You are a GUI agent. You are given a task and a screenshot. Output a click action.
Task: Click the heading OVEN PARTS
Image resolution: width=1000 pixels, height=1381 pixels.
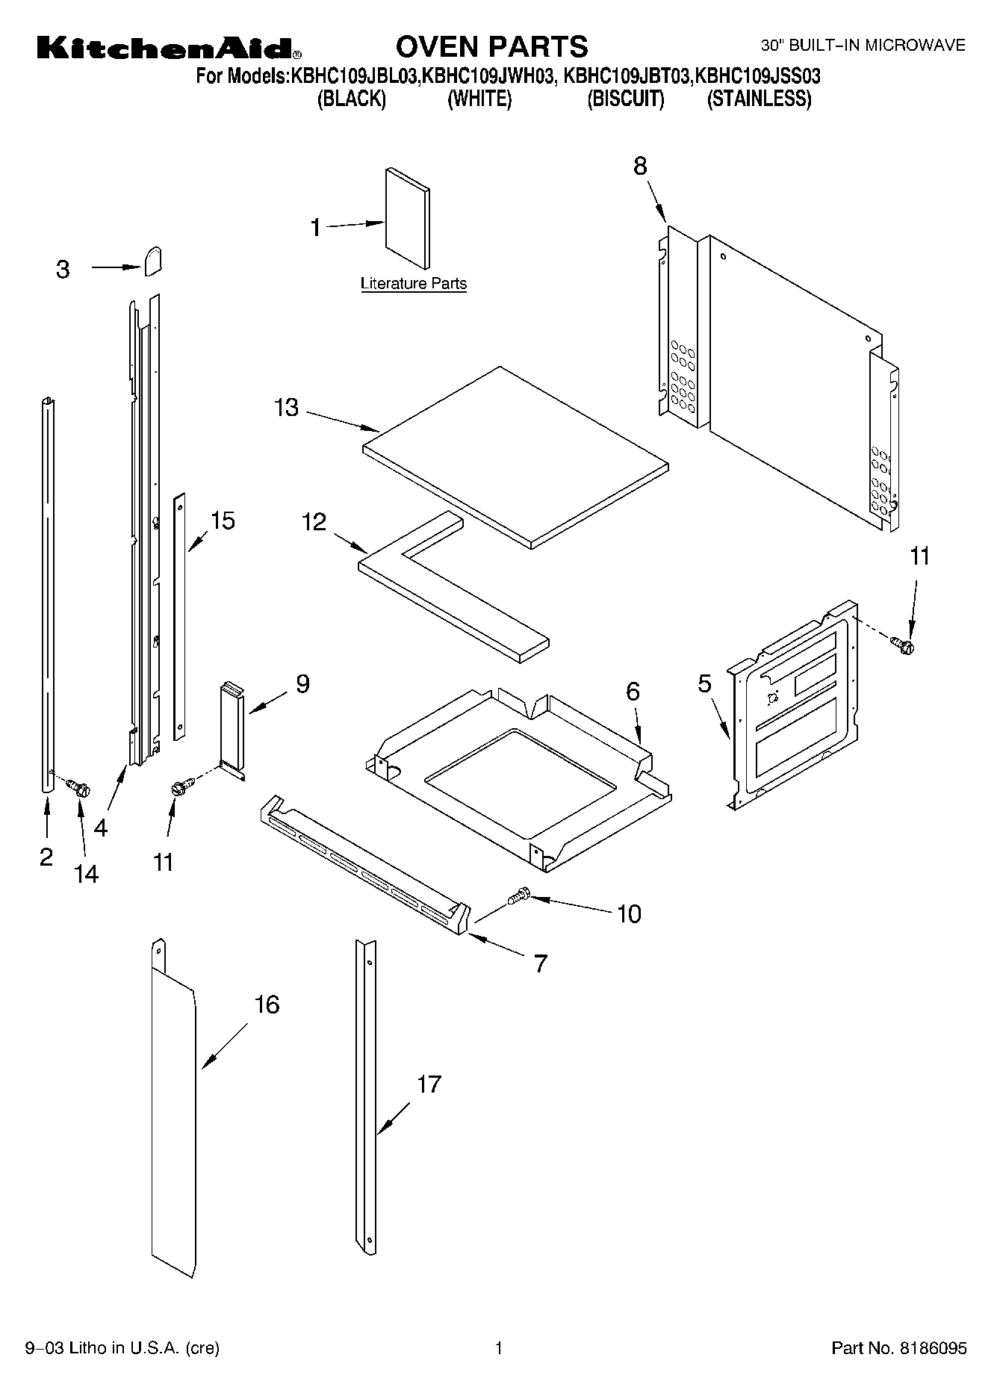pos(491,46)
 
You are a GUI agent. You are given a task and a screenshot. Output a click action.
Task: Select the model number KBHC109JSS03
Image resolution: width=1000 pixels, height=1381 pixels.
pos(758,75)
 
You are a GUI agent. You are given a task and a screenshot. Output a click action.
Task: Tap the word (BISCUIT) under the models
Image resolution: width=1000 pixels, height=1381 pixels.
pos(625,99)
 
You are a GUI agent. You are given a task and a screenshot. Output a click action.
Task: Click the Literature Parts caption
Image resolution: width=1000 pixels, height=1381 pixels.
pos(413,284)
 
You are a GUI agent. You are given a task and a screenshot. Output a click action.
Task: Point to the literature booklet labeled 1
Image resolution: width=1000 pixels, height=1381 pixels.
pos(408,217)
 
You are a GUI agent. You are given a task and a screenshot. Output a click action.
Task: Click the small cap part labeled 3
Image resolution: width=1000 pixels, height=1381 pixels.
pos(153,261)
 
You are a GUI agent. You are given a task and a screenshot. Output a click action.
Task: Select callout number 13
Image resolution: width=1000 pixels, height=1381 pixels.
pos(286,408)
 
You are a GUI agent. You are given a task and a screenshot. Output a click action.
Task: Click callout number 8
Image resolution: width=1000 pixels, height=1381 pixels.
pos(640,166)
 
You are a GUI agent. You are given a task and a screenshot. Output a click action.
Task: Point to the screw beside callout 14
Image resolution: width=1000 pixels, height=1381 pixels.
pos(78,786)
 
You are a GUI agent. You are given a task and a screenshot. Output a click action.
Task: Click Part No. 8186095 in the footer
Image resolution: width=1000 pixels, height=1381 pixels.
pos(898,1348)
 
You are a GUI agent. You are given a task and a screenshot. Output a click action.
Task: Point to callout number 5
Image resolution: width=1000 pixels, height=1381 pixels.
pos(704,683)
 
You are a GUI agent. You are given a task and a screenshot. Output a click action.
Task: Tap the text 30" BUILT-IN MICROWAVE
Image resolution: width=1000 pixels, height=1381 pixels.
pos(863,46)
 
